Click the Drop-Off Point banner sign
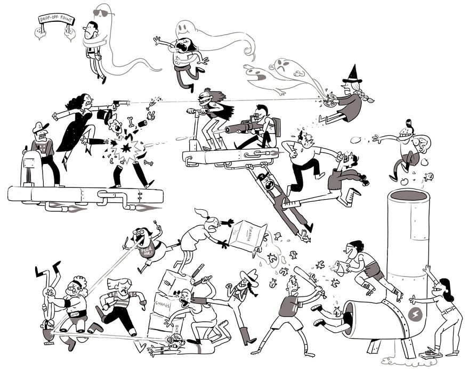[55, 20]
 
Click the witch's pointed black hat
[353, 75]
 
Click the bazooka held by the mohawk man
[242, 128]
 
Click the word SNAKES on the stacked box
[162, 301]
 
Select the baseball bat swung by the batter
[301, 277]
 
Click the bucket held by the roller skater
[341, 264]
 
